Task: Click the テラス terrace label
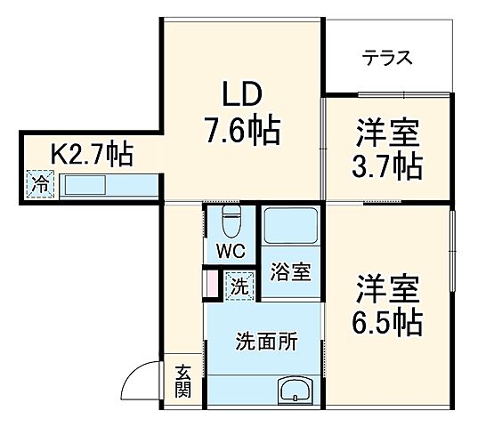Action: tap(387, 59)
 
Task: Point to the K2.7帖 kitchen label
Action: tap(91, 156)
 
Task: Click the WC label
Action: tap(231, 251)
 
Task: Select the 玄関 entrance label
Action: tap(182, 380)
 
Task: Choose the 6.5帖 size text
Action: tap(388, 320)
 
